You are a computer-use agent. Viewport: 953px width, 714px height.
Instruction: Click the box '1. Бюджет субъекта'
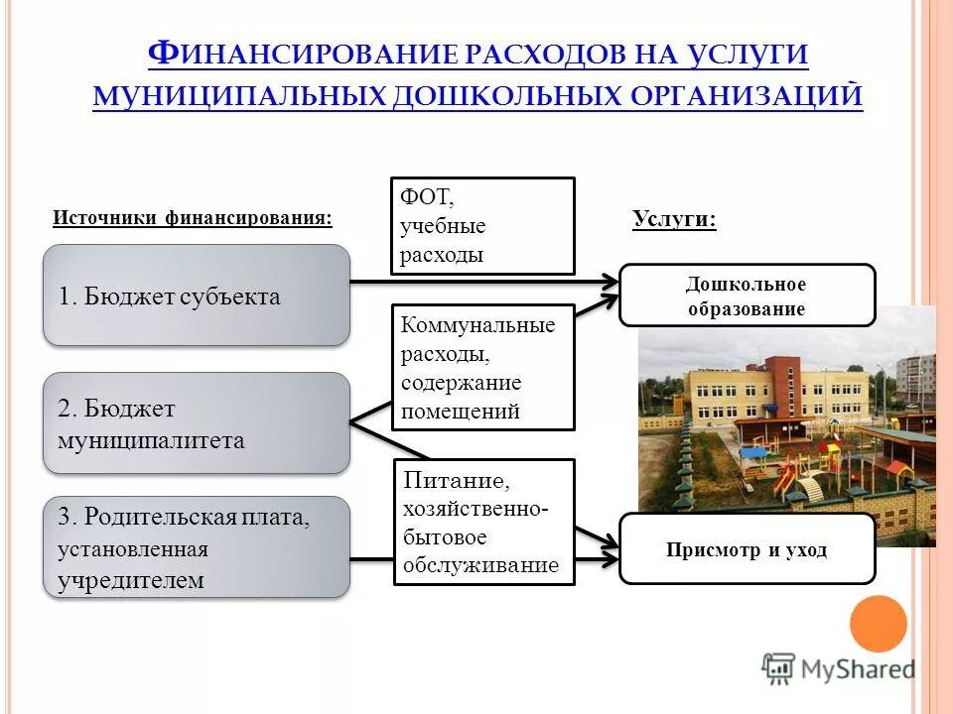[x=197, y=296]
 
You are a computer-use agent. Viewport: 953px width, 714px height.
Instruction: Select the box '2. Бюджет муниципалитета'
[x=197, y=423]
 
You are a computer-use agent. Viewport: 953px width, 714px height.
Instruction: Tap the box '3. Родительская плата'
[x=197, y=547]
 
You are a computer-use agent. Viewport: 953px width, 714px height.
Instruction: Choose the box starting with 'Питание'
[x=484, y=523]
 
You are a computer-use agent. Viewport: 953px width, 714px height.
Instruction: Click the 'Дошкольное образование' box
[x=747, y=296]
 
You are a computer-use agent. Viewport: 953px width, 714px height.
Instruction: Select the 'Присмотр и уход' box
[x=747, y=548]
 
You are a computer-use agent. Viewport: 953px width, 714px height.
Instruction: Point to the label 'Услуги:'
[x=674, y=220]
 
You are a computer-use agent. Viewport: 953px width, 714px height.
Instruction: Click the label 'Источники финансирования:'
[x=192, y=218]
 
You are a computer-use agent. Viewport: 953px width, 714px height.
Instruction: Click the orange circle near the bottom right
[x=879, y=624]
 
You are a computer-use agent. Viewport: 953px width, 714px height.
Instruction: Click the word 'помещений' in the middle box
[x=461, y=412]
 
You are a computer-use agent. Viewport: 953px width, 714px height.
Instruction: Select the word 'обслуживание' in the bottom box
[x=480, y=566]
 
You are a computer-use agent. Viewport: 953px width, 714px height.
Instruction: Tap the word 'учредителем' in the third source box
[x=130, y=580]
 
